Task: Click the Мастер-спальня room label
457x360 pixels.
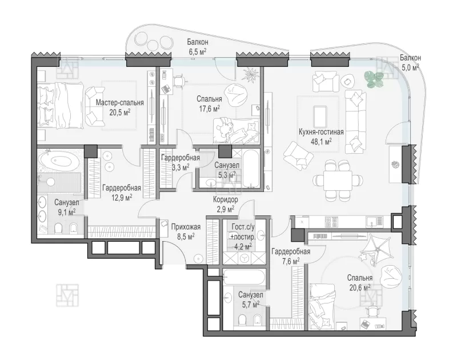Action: (x=120, y=103)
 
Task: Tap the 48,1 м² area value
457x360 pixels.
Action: (x=321, y=142)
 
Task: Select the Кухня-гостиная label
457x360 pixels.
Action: (x=321, y=132)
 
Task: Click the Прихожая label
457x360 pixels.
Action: (x=186, y=227)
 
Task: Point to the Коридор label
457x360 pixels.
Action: (x=225, y=199)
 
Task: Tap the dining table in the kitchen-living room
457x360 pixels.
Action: (x=337, y=181)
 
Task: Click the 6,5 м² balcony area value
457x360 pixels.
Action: (x=198, y=51)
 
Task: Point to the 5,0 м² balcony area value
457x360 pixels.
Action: (x=410, y=67)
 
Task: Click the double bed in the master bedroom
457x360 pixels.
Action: (x=61, y=105)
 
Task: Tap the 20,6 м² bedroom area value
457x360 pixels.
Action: (x=360, y=287)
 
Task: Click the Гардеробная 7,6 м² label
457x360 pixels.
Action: (x=291, y=256)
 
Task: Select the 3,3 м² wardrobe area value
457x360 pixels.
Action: (x=181, y=167)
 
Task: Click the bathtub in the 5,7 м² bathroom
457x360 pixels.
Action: (x=244, y=277)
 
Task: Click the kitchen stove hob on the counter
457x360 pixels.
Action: (x=332, y=222)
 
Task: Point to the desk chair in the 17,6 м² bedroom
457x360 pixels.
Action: (x=179, y=81)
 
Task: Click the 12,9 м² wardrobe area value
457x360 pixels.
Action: (x=122, y=198)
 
